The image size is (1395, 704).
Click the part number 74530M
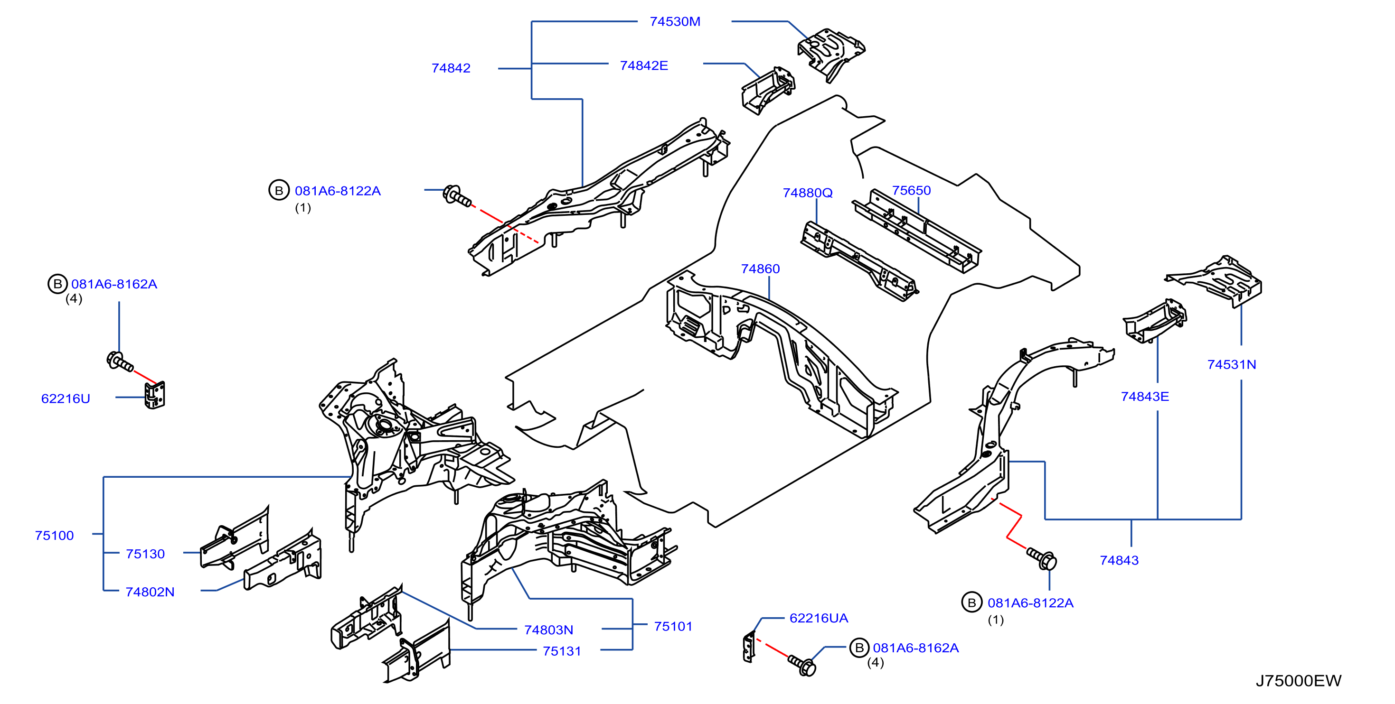pyautogui.click(x=675, y=22)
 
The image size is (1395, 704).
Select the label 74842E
pyautogui.click(x=644, y=65)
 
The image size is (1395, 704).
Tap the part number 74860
pyautogui.click(x=760, y=269)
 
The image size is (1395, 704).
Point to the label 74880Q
pyautogui.click(x=808, y=193)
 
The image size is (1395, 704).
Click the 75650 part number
pyautogui.click(x=912, y=191)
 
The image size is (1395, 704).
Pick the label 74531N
pyautogui.click(x=1232, y=365)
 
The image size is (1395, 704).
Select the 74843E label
pyautogui.click(x=1145, y=397)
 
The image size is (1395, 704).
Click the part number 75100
pyautogui.click(x=54, y=536)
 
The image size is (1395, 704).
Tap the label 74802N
pyautogui.click(x=150, y=592)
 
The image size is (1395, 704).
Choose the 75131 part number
pyautogui.click(x=562, y=651)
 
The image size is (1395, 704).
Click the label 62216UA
pyautogui.click(x=819, y=618)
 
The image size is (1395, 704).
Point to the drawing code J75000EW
pyautogui.click(x=1299, y=681)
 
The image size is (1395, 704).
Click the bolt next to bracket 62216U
pyautogui.click(x=120, y=361)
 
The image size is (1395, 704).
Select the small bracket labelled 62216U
pyautogui.click(x=155, y=395)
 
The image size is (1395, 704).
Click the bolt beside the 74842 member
pyautogui.click(x=456, y=195)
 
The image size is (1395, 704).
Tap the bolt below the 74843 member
pyautogui.click(x=1042, y=558)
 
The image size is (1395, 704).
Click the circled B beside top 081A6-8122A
pyautogui.click(x=279, y=191)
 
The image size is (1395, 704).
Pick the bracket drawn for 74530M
pyautogui.click(x=831, y=54)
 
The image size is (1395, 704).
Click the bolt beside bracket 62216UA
pyautogui.click(x=802, y=665)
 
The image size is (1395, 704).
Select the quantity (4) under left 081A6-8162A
pyautogui.click(x=74, y=299)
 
